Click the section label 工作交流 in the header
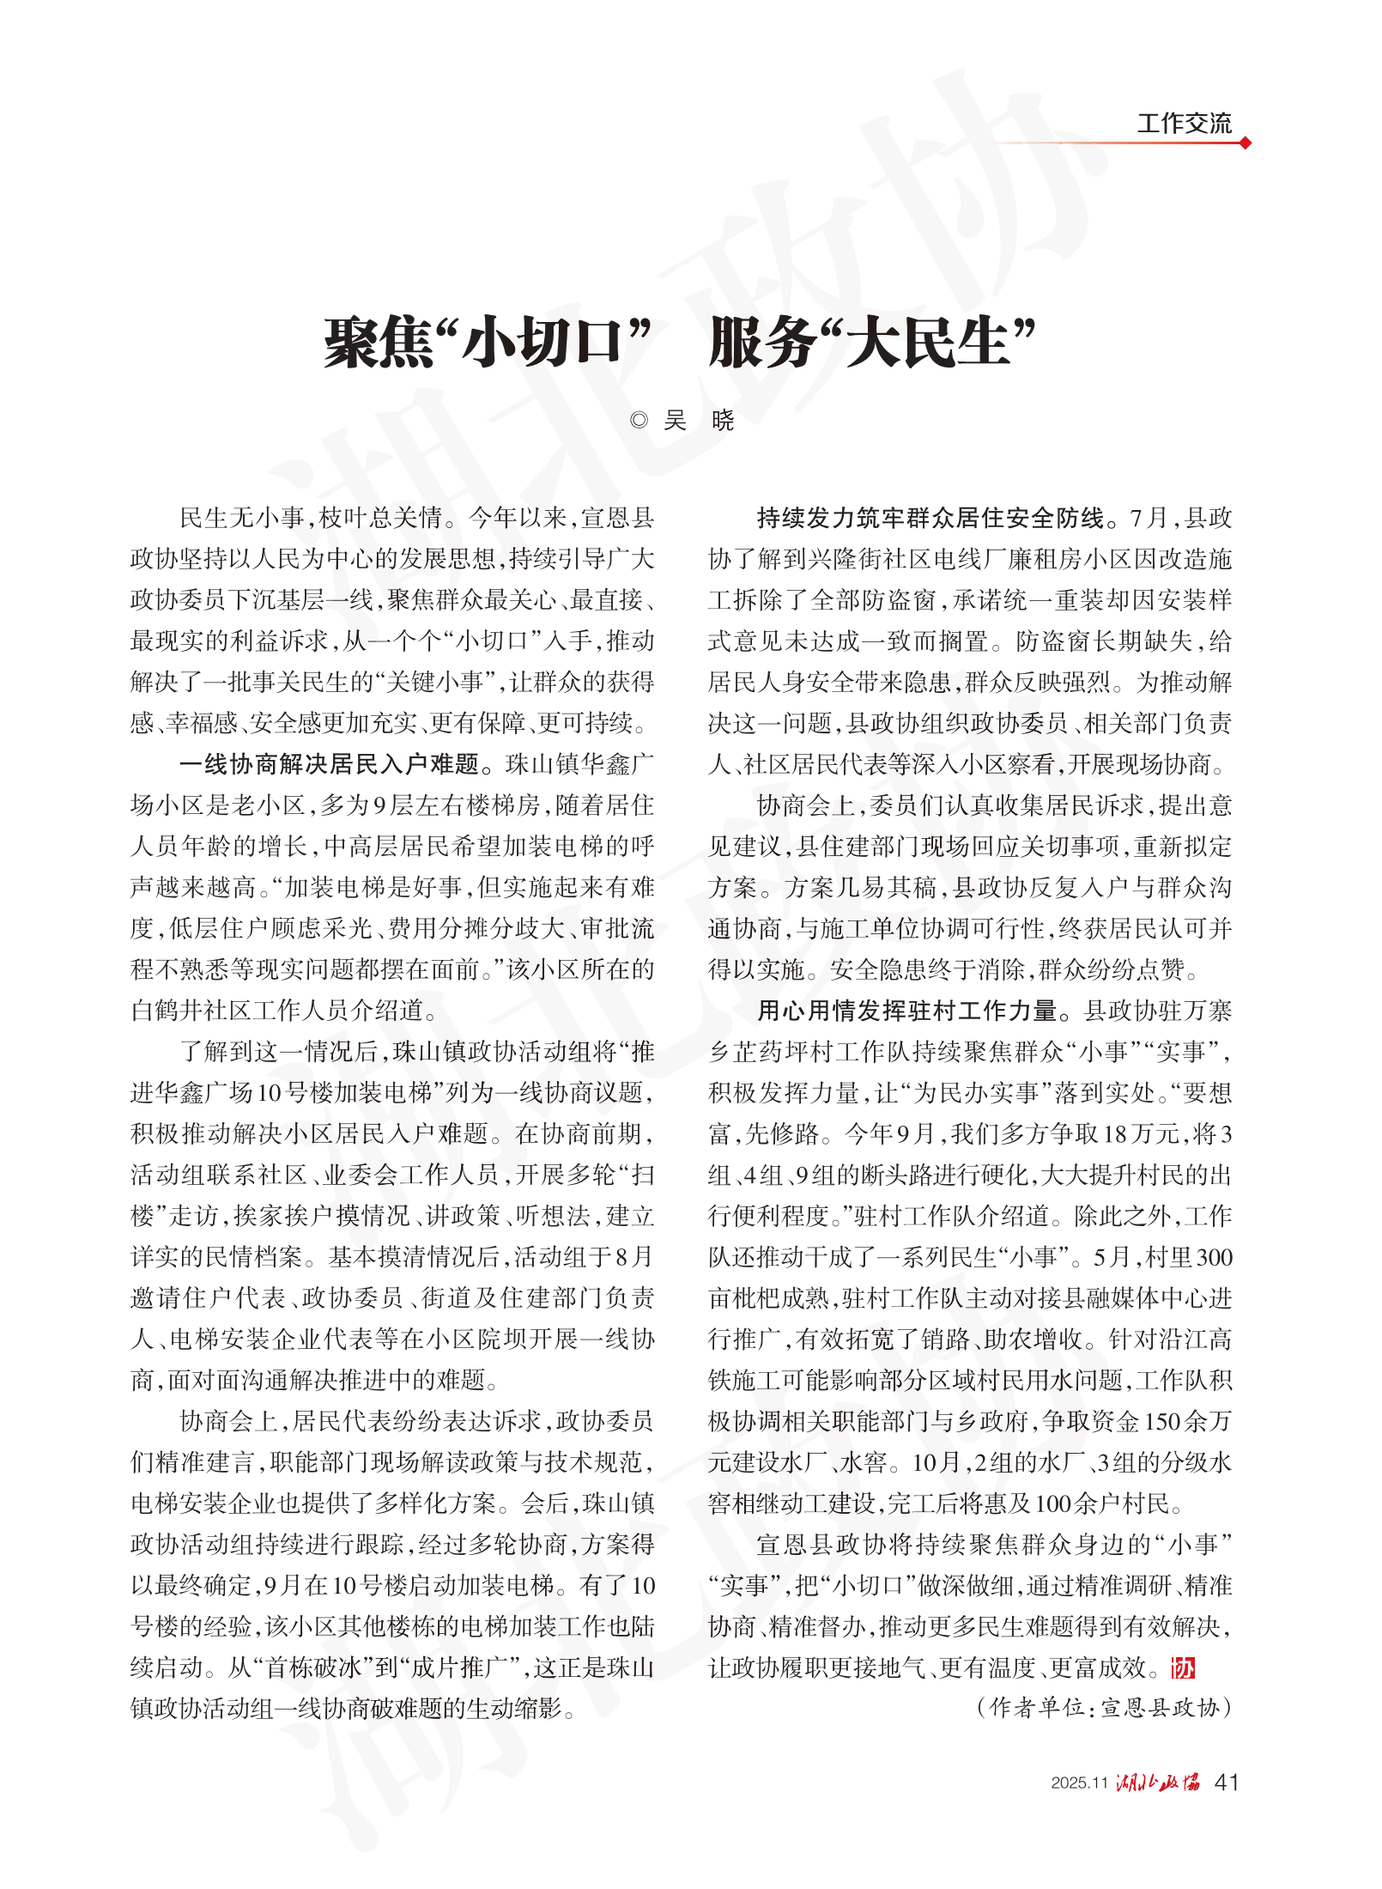[x=1184, y=124]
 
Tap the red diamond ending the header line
[x=1246, y=143]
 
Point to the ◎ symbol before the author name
[x=639, y=420]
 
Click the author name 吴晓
[x=699, y=420]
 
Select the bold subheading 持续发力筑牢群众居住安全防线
[x=930, y=518]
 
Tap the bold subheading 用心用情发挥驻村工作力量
[x=906, y=1011]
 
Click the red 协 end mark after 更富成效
[x=1184, y=1667]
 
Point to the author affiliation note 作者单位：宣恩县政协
[x=1105, y=1708]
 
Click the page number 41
[x=1227, y=1783]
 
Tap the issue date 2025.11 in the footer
[x=1080, y=1783]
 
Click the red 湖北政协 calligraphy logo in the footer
[x=1158, y=1783]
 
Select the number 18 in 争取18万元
[x=1116, y=1134]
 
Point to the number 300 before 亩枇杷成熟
[x=1214, y=1257]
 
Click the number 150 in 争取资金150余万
[x=1162, y=1421]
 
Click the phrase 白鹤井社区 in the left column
[x=190, y=1011]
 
